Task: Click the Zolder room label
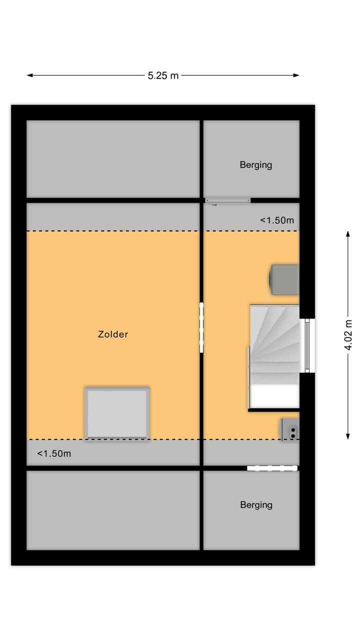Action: (x=113, y=334)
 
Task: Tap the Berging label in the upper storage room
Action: (x=255, y=164)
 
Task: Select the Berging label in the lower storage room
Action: (x=256, y=504)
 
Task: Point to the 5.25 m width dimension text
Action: (x=163, y=75)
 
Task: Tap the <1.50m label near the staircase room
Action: (x=276, y=220)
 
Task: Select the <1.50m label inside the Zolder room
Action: (x=54, y=453)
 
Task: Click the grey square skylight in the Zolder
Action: (x=117, y=413)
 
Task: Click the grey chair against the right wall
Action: (x=284, y=279)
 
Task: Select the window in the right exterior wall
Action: (x=307, y=344)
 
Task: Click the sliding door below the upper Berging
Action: (x=227, y=200)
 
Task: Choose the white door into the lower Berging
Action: (x=272, y=468)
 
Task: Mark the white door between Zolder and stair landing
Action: (x=201, y=327)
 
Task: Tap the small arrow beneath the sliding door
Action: (x=214, y=205)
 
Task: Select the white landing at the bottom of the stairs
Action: (x=274, y=396)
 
